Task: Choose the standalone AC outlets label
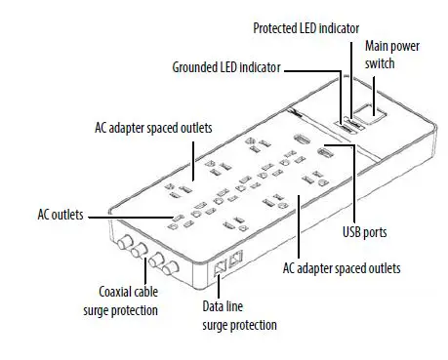click(60, 212)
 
